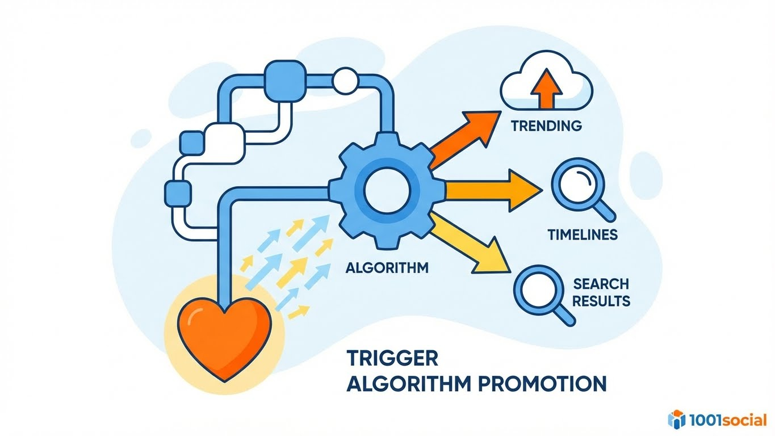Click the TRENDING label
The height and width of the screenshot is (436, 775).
coord(546,126)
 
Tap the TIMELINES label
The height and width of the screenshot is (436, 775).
coord(583,234)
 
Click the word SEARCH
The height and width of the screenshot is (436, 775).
coord(601,283)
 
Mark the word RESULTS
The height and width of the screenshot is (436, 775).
coord(601,300)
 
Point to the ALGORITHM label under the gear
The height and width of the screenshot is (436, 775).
coord(387,267)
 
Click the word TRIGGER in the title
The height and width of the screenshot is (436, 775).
coord(392,358)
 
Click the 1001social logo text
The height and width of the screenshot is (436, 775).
coord(728,420)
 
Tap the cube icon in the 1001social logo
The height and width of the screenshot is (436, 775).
coord(677,419)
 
